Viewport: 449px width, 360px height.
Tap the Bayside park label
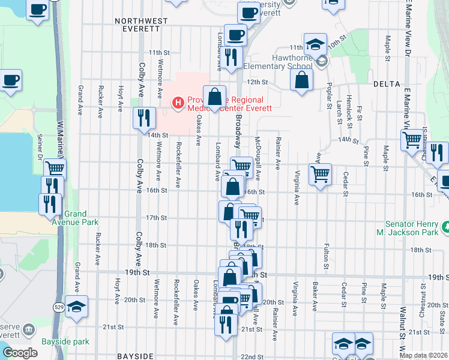pos(65,342)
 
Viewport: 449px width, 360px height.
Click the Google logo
pos(20,353)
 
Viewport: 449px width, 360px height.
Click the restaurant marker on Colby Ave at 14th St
pos(143,118)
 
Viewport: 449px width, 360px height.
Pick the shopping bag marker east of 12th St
pos(302,80)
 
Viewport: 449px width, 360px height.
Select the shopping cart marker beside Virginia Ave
pos(320,174)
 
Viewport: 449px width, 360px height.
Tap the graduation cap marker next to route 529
pos(76,306)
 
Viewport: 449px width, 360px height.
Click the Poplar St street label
pos(329,97)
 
